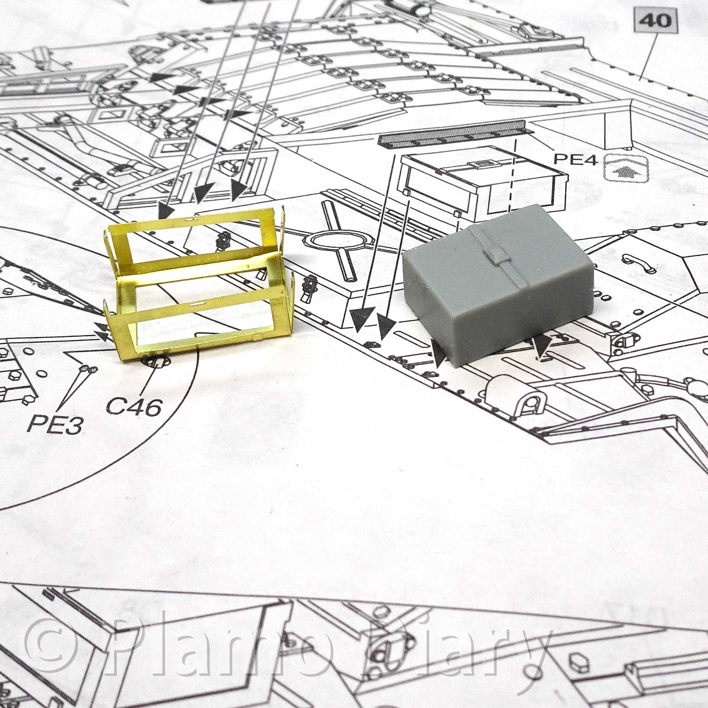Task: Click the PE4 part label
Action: (x=576, y=159)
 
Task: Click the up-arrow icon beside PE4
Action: (x=625, y=168)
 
